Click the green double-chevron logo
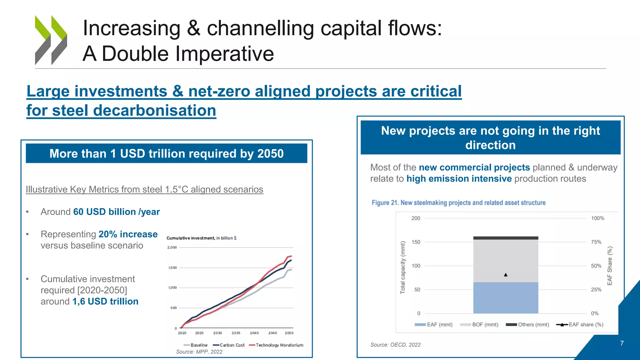click(x=51, y=40)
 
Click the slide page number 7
click(x=622, y=343)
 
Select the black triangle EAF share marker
click(x=506, y=275)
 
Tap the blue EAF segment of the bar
click(x=506, y=297)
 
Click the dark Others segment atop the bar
click(x=506, y=238)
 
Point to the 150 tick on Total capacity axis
click(x=416, y=242)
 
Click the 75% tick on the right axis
click(x=596, y=242)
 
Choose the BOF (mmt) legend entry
click(x=479, y=324)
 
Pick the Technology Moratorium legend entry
click(x=276, y=345)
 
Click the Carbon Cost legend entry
click(x=229, y=345)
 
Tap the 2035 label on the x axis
click(x=236, y=333)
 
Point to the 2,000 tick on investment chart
click(x=172, y=247)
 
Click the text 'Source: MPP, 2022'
click(x=199, y=352)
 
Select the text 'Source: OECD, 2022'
click(x=395, y=345)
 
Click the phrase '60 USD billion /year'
click(x=116, y=212)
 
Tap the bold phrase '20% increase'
click(x=128, y=234)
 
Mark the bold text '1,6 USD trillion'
click(x=105, y=301)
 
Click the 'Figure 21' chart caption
click(x=458, y=202)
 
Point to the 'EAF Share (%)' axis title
click(x=610, y=266)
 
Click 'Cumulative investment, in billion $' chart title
click(x=201, y=238)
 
